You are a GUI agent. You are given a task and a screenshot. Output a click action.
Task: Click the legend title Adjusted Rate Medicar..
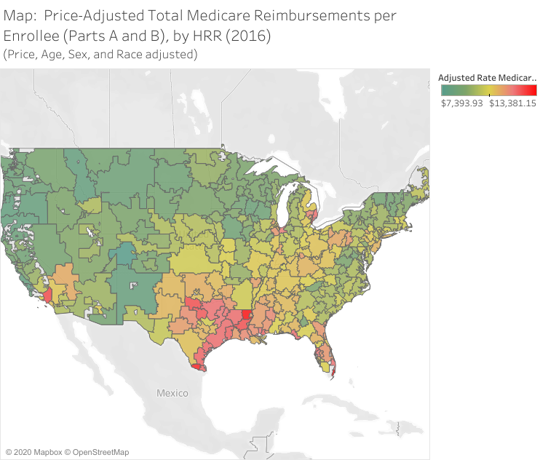pyautogui.click(x=487, y=77)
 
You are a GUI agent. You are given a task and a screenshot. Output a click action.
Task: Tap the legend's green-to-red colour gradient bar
pyautogui.click(x=488, y=90)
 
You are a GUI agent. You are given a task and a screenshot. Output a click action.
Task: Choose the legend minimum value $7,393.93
pyautogui.click(x=462, y=103)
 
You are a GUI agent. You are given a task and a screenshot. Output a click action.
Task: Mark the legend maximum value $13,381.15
pyautogui.click(x=512, y=103)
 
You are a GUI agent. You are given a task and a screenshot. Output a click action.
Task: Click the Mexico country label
pyautogui.click(x=172, y=393)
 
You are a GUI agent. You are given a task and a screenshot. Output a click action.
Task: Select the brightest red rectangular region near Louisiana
pyautogui.click(x=245, y=315)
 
